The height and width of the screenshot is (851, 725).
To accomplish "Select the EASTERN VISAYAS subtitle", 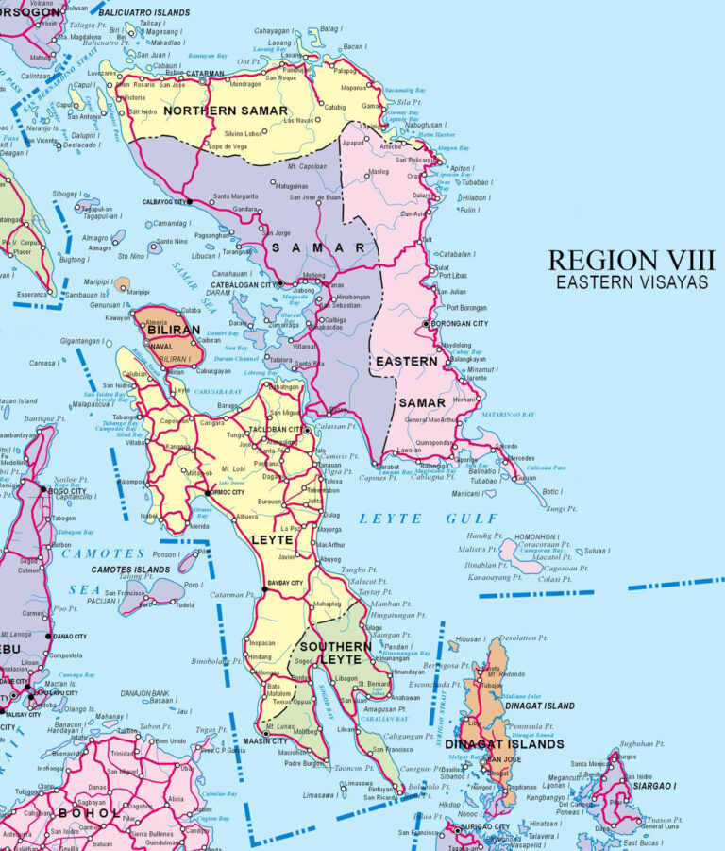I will click(632, 281).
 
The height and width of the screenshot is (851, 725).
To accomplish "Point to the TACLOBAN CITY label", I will click(277, 429).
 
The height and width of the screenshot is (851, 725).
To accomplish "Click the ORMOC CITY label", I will click(226, 493).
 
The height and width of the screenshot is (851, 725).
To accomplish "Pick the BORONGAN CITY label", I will click(460, 324).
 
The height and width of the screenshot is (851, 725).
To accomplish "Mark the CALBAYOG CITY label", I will click(163, 202).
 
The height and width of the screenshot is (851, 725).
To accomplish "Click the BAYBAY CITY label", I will click(286, 584).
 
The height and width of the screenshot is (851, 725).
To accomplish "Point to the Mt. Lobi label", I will click(234, 469).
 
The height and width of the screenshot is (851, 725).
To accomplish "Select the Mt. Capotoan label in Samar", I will click(302, 165).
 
